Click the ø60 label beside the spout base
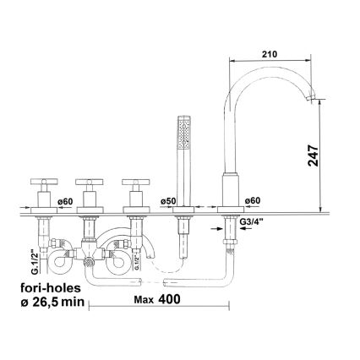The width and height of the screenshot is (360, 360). tap(252, 201)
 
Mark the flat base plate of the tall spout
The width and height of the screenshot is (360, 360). tap(227, 208)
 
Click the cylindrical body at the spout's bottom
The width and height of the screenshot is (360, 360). tap(227, 188)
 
